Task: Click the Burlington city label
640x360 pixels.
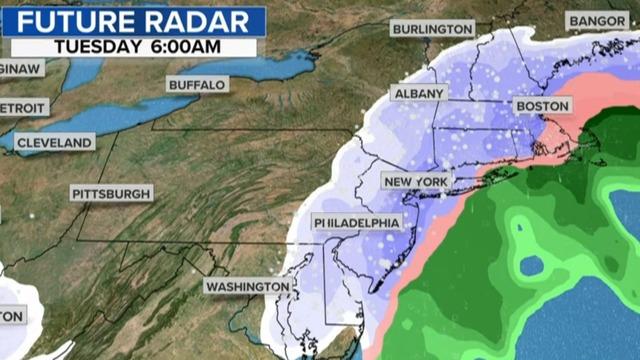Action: [x=432, y=29]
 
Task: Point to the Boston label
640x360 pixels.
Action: [x=541, y=105]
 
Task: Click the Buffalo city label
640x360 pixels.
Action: [x=197, y=85]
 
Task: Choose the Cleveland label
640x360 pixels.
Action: [x=55, y=142]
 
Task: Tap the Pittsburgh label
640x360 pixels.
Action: [x=111, y=192]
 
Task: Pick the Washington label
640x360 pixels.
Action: [x=248, y=287]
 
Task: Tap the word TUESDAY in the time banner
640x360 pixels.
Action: [x=98, y=46]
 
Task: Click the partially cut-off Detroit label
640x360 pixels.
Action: [x=21, y=106]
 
